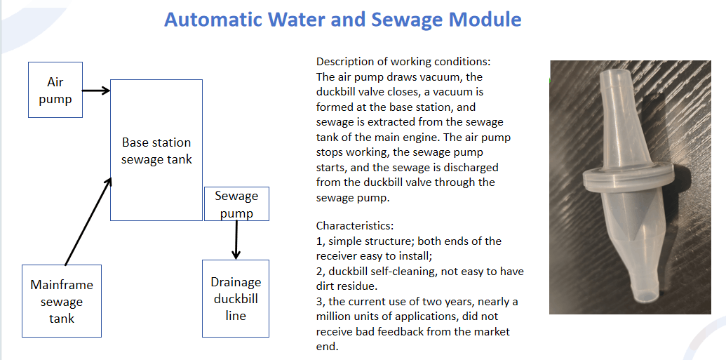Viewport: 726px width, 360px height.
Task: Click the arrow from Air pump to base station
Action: click(96, 91)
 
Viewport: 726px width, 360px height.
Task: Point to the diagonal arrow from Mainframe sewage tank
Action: click(88, 221)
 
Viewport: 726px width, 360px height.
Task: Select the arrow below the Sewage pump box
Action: click(236, 240)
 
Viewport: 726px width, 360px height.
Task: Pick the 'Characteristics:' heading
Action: click(355, 226)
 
